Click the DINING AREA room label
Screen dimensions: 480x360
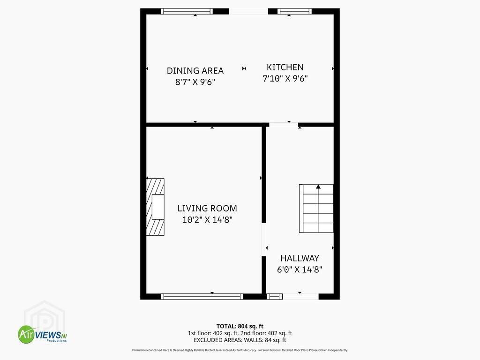[195, 71]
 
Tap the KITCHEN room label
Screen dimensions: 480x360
[285, 67]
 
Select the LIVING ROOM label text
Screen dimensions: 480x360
[207, 209]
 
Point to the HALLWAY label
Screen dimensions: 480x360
[300, 258]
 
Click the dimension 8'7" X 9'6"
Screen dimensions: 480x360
[195, 82]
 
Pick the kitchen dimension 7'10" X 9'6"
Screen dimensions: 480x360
[285, 79]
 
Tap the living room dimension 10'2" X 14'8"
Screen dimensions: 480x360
[207, 220]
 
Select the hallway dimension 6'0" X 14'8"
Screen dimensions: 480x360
[300, 270]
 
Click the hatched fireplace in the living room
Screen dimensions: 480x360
[155, 207]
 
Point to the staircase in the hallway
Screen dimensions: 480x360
[316, 209]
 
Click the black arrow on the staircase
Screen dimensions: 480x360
[318, 187]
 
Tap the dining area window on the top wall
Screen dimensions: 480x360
[187, 12]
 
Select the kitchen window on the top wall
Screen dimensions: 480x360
[294, 12]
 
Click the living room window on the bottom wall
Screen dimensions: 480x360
[202, 296]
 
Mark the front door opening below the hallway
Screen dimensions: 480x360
[300, 296]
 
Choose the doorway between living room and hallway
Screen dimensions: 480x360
[263, 240]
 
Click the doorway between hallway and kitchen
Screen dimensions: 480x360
[284, 125]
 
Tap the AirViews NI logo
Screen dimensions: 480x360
[42, 334]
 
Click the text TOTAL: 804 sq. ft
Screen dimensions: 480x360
[240, 326]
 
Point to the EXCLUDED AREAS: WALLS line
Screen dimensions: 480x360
[240, 340]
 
